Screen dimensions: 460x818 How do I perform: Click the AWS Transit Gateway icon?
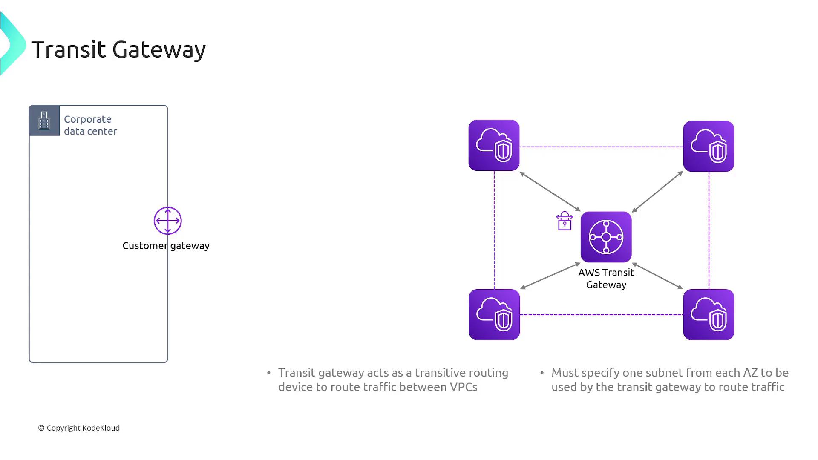[x=606, y=237]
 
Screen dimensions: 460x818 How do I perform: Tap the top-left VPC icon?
[x=494, y=145]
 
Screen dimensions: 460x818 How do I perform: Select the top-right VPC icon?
[x=709, y=146]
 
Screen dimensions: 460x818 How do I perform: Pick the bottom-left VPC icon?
[x=494, y=315]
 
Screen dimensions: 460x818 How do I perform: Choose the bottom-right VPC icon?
[x=709, y=315]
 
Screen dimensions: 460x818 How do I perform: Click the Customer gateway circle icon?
[x=167, y=221]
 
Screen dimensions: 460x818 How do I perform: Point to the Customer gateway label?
[x=166, y=246]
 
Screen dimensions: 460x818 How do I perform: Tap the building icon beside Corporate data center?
[x=44, y=121]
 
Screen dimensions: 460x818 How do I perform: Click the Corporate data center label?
[x=90, y=125]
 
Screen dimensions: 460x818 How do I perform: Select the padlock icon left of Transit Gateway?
[x=565, y=221]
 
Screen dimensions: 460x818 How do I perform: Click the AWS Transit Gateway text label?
[x=606, y=279]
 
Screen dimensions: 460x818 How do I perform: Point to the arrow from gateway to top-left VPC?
[x=550, y=192]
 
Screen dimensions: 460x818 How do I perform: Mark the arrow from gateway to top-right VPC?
[x=657, y=192]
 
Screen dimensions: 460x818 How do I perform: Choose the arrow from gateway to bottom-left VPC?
[x=550, y=276]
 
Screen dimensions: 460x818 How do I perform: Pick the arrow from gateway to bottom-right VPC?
[x=657, y=276]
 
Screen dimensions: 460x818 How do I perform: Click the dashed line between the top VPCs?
[x=601, y=147]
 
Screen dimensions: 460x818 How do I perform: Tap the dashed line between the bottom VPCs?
[x=601, y=315]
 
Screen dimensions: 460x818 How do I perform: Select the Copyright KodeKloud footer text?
[x=79, y=428]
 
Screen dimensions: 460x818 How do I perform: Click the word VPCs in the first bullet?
[x=464, y=387]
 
